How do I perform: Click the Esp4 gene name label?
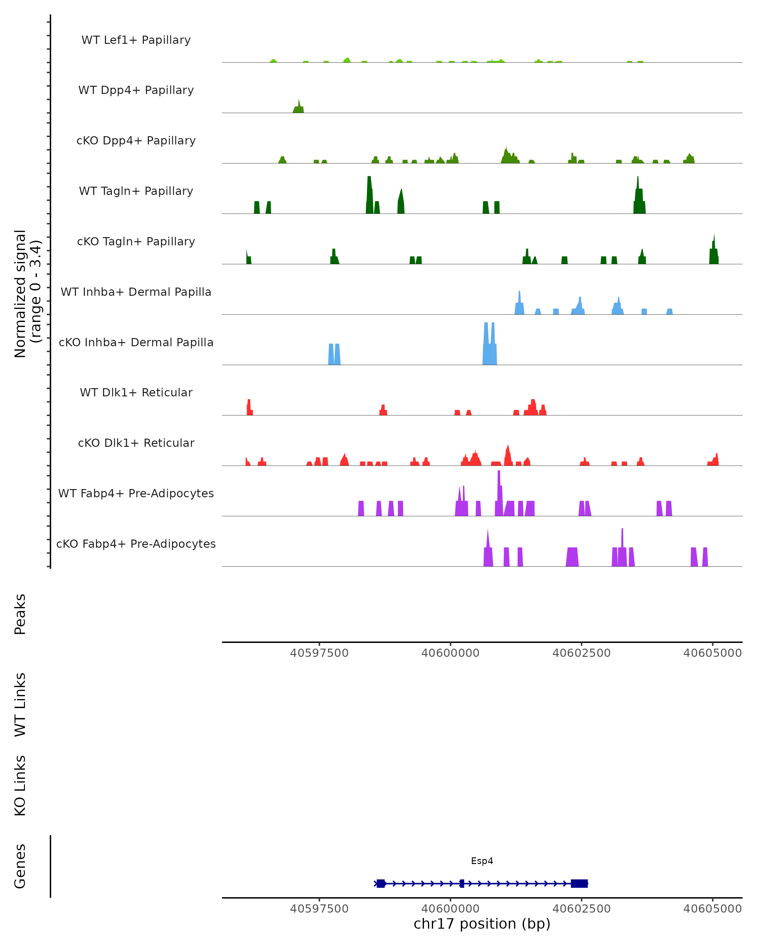click(x=482, y=861)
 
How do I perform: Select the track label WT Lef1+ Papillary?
click(x=136, y=40)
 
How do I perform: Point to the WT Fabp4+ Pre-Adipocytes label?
click(x=136, y=493)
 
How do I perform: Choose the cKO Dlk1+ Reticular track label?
click(x=136, y=443)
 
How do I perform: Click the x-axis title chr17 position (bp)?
click(x=482, y=924)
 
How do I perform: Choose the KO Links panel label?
click(x=20, y=785)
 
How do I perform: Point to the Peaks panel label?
click(x=20, y=614)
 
